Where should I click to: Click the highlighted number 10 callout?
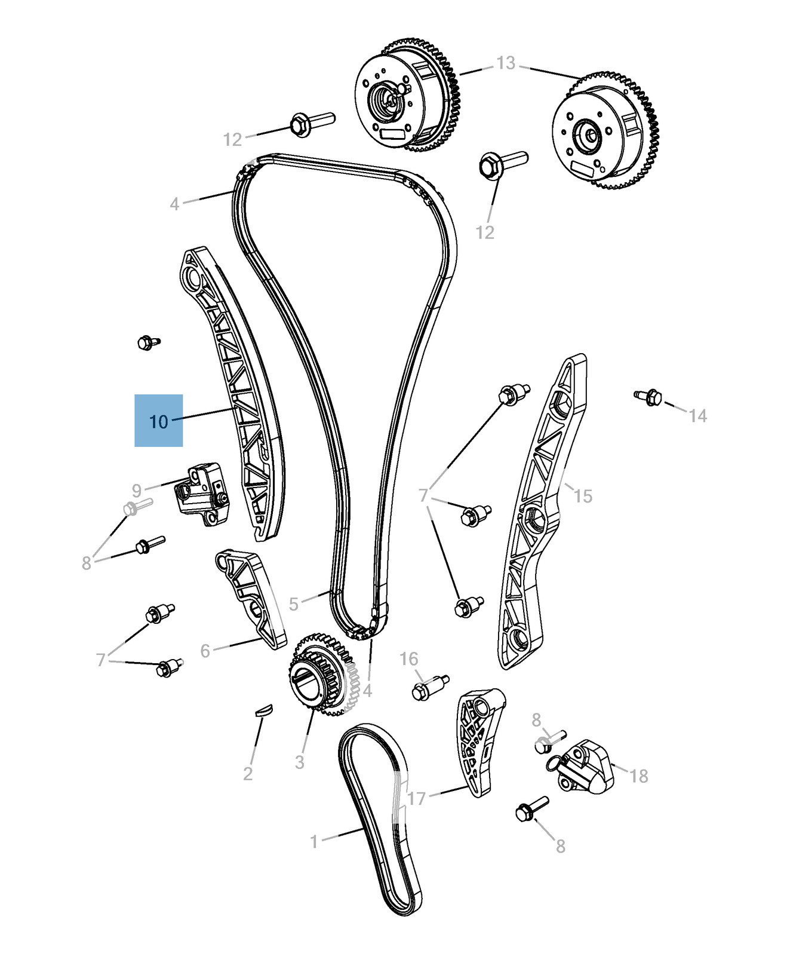click(x=158, y=421)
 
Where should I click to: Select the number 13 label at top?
click(x=505, y=63)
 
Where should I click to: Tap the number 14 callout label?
click(x=697, y=415)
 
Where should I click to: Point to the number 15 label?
click(x=583, y=495)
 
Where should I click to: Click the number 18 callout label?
click(x=638, y=776)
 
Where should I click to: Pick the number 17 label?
click(x=417, y=798)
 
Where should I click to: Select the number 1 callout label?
click(x=315, y=842)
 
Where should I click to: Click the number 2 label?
click(x=248, y=774)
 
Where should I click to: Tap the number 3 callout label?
click(x=299, y=762)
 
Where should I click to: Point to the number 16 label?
click(x=409, y=659)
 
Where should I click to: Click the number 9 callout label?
click(x=137, y=491)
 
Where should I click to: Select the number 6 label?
click(x=205, y=651)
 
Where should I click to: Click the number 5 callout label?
click(x=293, y=604)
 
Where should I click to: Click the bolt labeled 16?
click(x=429, y=687)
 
